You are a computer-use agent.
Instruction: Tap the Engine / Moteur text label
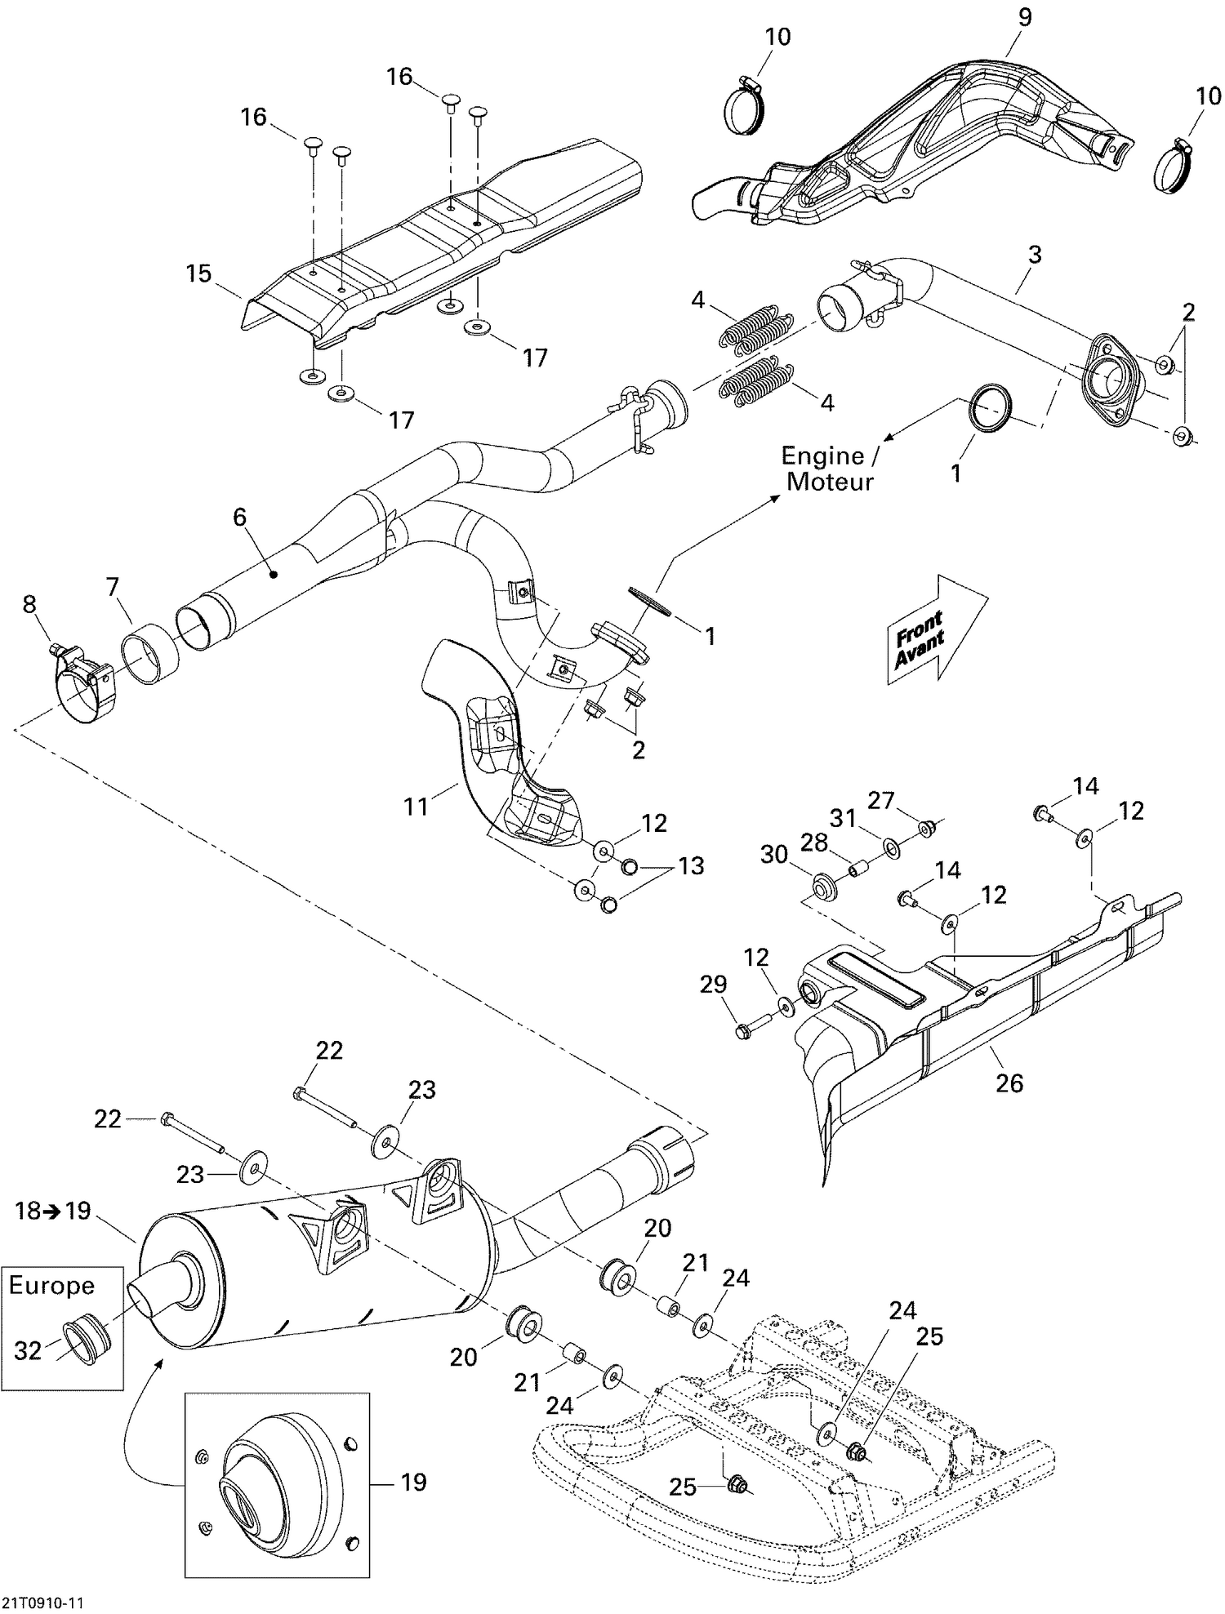pos(828,469)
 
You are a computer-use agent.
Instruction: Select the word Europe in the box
pos(51,1286)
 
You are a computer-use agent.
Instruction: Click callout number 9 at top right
pos(1024,17)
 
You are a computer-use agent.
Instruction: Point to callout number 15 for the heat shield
pos(198,273)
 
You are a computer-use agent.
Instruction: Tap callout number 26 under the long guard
pos(1009,1083)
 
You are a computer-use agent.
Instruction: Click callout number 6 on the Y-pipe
pos(239,517)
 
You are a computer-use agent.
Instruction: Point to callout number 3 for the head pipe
pos(1034,255)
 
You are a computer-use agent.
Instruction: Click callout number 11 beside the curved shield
pos(416,807)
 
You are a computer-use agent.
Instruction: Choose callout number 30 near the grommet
pos(773,854)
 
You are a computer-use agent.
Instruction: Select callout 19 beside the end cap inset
pos(414,1482)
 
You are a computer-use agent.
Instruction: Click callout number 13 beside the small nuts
pos(691,865)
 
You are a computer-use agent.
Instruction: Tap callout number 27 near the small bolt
pos(880,800)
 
